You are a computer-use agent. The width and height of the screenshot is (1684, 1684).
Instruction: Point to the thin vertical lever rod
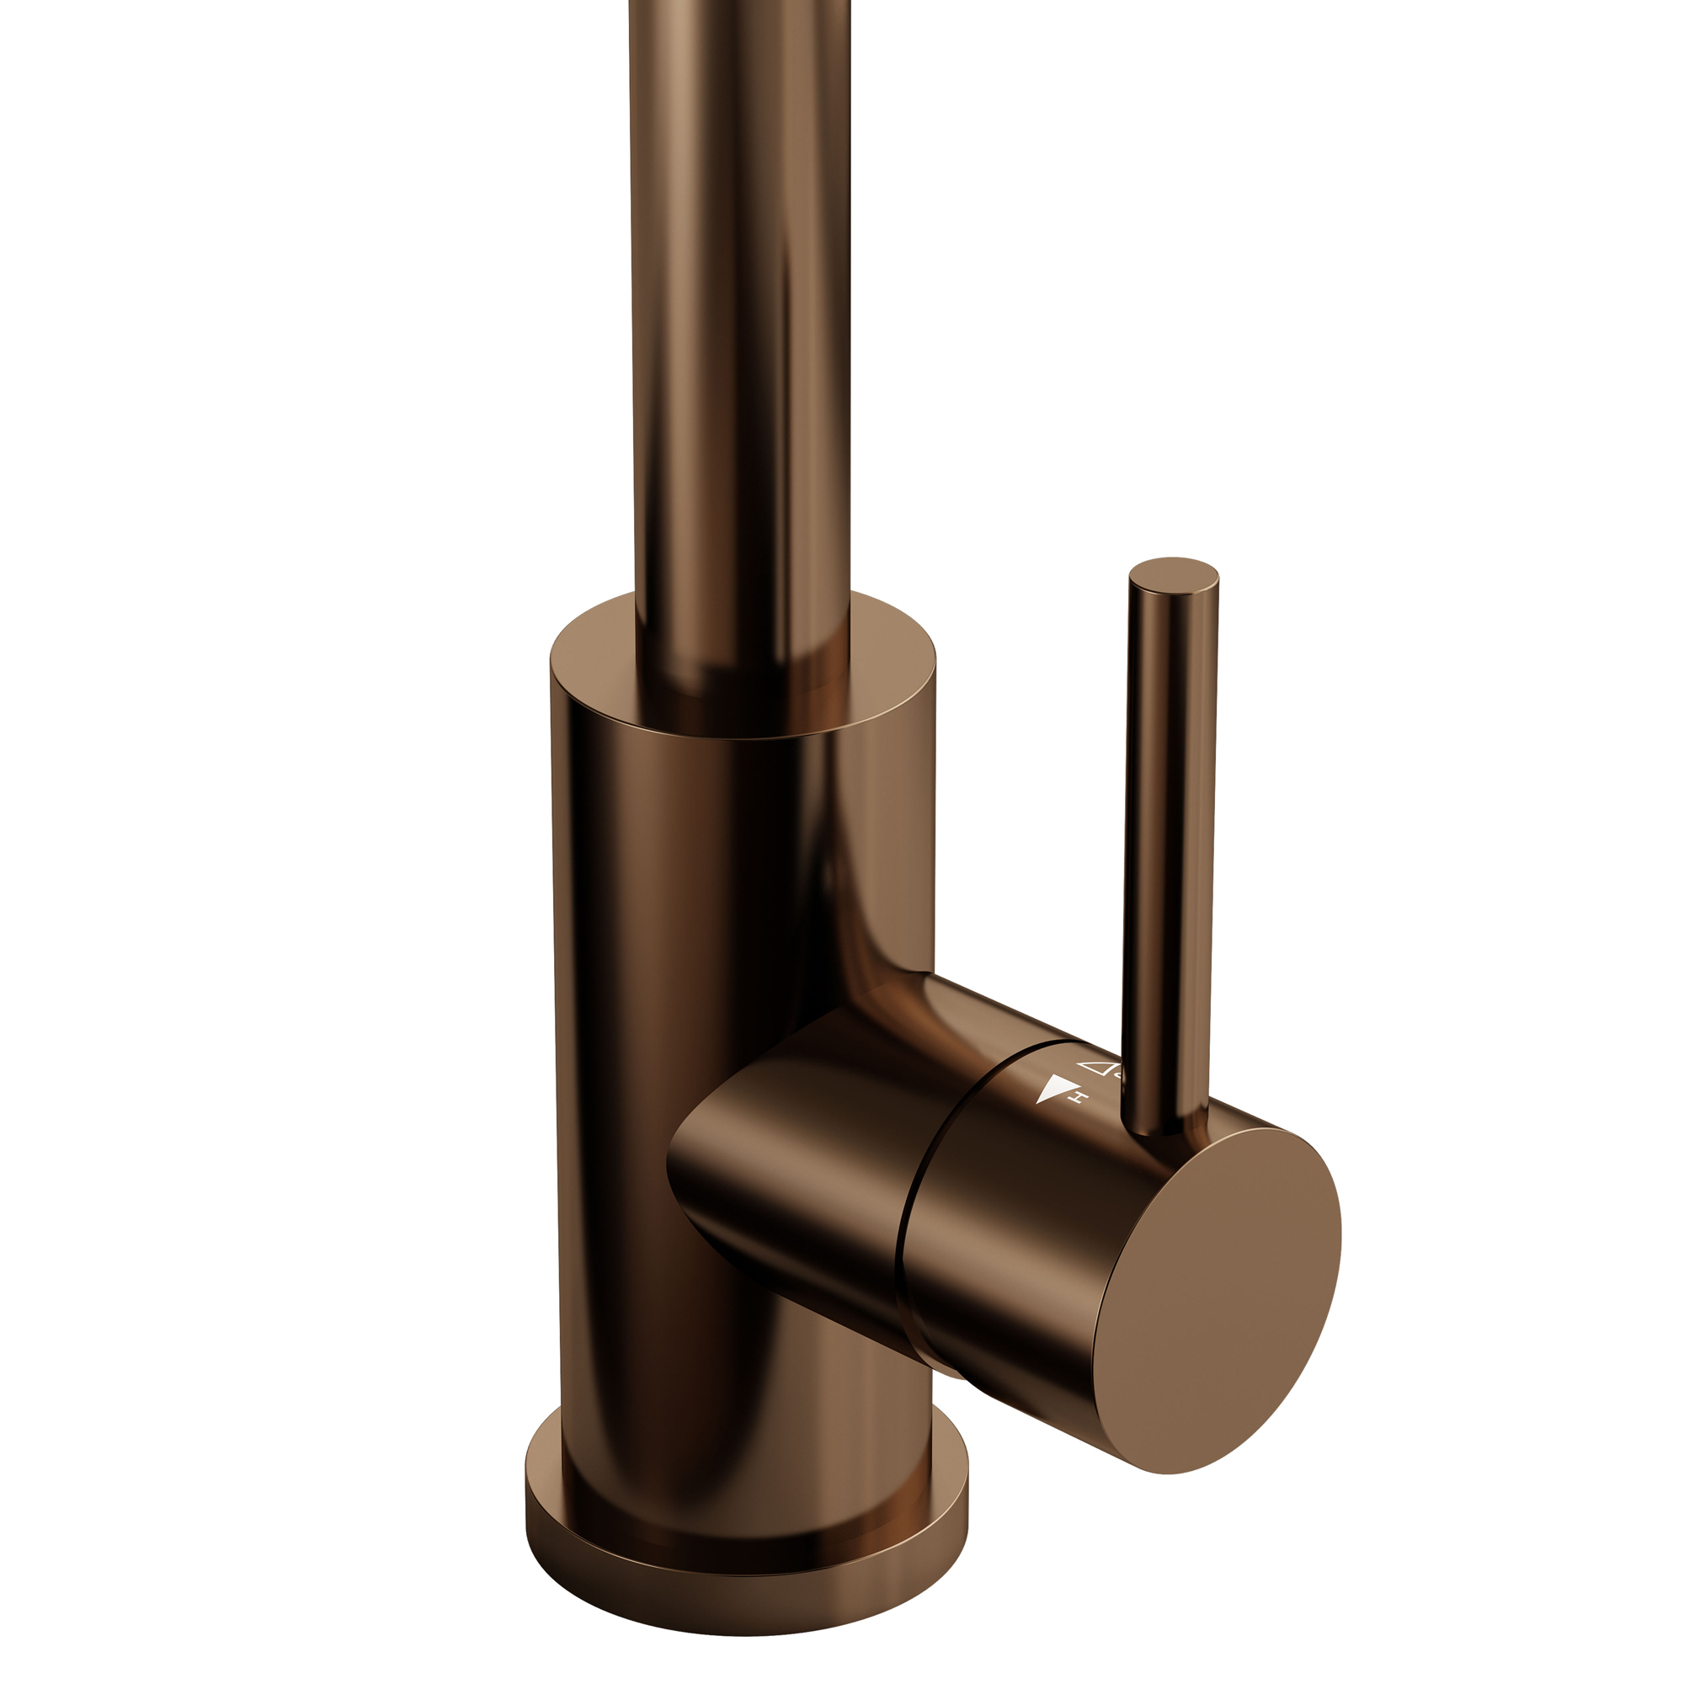(x=1169, y=828)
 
